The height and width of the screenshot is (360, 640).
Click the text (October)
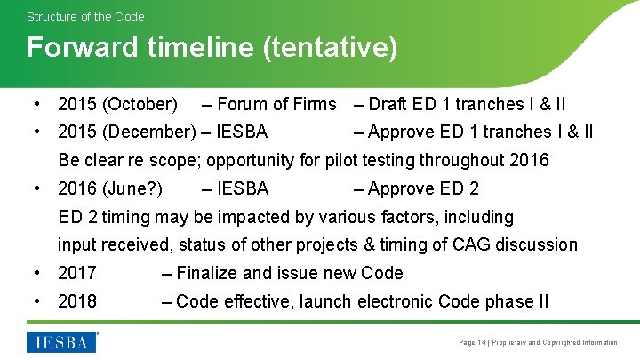(x=140, y=105)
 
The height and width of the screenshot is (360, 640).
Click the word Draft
(x=388, y=105)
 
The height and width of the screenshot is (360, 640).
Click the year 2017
(x=77, y=273)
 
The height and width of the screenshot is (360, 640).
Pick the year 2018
(x=77, y=301)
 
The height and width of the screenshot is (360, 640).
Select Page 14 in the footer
(x=471, y=342)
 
